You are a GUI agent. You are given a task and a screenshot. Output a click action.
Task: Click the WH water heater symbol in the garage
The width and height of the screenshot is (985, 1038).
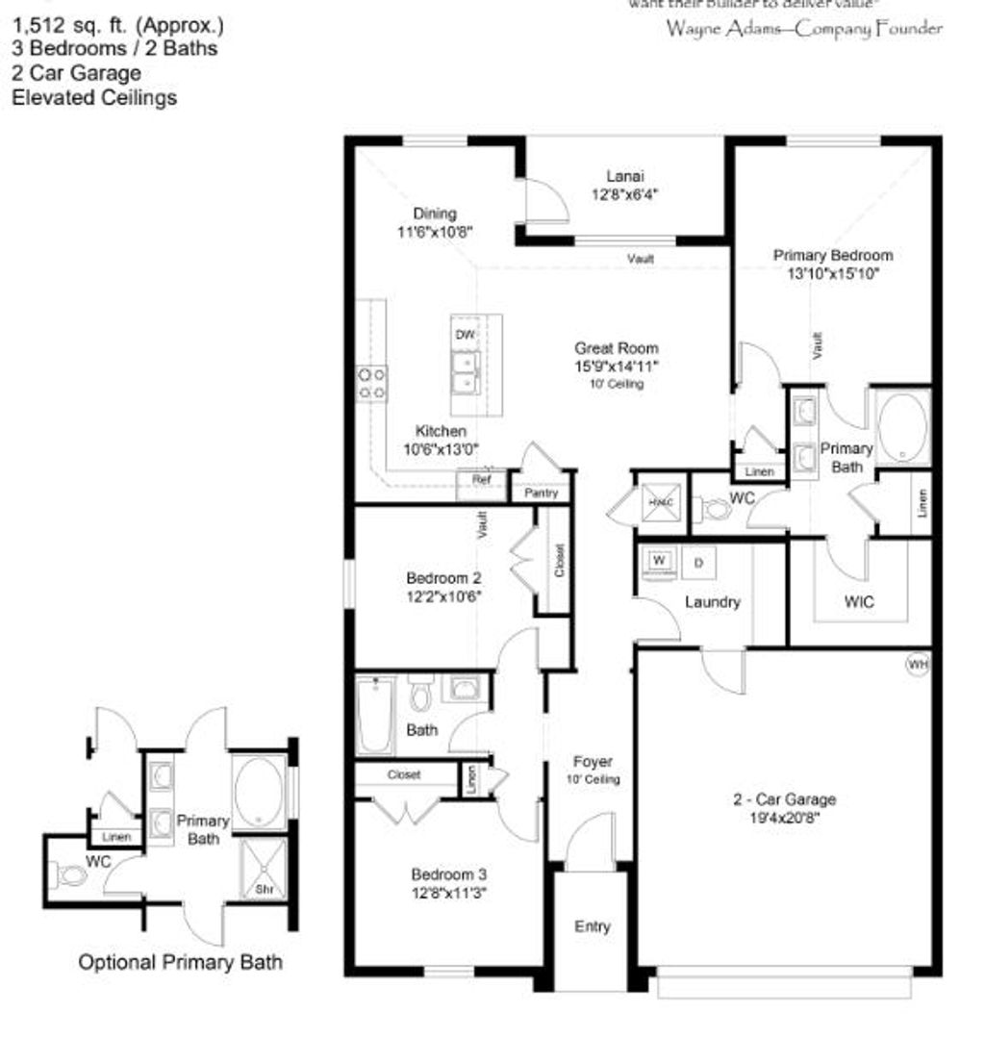[918, 663]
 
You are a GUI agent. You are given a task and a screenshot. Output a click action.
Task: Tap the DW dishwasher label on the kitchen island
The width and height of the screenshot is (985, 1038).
[466, 335]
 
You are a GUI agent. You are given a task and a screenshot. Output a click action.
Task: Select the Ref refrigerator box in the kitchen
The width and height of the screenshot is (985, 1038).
[482, 478]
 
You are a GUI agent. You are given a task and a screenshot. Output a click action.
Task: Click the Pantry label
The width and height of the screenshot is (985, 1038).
[541, 493]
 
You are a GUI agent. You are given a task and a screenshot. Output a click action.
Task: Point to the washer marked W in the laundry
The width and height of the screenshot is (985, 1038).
[660, 560]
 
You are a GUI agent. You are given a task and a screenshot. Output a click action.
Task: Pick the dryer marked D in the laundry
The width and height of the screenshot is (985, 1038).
[698, 562]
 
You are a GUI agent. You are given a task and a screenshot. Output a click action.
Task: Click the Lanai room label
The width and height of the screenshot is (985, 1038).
[624, 176]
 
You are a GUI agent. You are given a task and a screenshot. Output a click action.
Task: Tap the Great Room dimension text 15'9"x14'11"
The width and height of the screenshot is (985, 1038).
[617, 366]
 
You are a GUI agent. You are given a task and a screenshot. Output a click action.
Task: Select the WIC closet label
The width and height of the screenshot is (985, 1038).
[859, 603]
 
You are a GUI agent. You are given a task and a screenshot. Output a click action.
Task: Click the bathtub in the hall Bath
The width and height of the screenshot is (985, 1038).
[374, 717]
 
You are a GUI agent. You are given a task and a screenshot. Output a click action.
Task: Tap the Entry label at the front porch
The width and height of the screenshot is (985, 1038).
[592, 926]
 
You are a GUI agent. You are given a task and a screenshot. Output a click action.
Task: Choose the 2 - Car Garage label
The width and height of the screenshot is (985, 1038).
[781, 799]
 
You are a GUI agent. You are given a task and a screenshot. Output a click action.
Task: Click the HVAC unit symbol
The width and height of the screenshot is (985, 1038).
[661, 503]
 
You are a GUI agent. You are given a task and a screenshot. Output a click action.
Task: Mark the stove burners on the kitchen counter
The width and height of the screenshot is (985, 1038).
[372, 383]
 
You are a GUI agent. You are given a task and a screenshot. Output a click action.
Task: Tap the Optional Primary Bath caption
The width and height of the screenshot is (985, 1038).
[180, 962]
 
